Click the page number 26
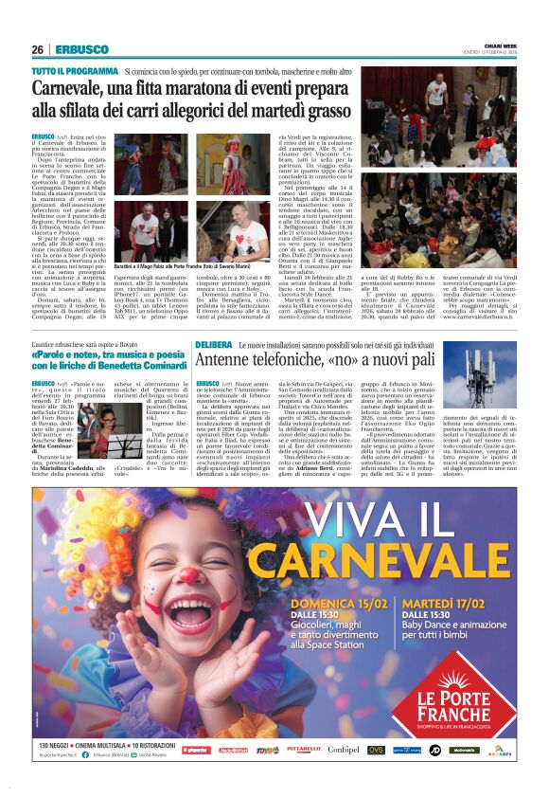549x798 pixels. click(38, 49)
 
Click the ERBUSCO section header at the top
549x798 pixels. click(75, 49)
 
